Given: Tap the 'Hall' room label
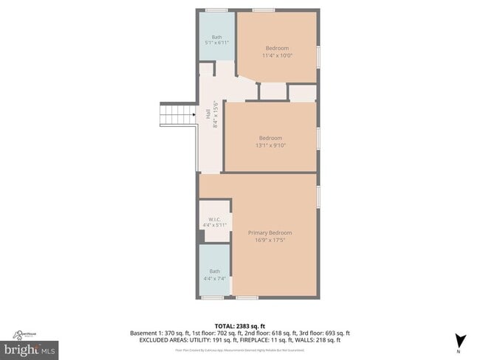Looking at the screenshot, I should click(208, 114).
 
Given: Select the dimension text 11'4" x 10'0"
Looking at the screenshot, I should click(278, 55).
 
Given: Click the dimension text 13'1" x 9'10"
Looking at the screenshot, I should click(270, 145).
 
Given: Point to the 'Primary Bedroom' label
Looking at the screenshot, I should click(270, 232).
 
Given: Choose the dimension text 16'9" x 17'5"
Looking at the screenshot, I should click(270, 240).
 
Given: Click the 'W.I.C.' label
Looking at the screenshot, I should click(215, 218).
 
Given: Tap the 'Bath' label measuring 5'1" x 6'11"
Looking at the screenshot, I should click(216, 37).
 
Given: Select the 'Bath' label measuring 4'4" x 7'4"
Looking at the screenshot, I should click(215, 271).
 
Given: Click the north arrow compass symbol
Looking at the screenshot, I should click(461, 341).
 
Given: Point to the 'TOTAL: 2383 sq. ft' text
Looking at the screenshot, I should click(240, 325).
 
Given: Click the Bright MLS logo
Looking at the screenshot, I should click(30, 347).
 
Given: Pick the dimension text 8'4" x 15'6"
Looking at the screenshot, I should click(215, 114).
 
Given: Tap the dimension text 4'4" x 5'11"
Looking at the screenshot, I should click(216, 225).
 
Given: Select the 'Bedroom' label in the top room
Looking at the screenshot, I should click(277, 48).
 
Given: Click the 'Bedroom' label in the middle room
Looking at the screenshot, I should click(270, 138).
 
